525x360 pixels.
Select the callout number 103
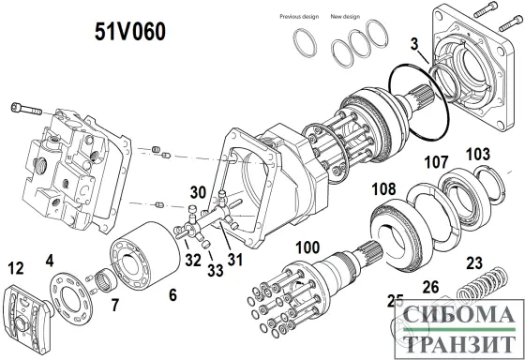[477, 153]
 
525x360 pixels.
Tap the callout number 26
[430, 287]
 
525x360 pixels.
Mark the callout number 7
[115, 304]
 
